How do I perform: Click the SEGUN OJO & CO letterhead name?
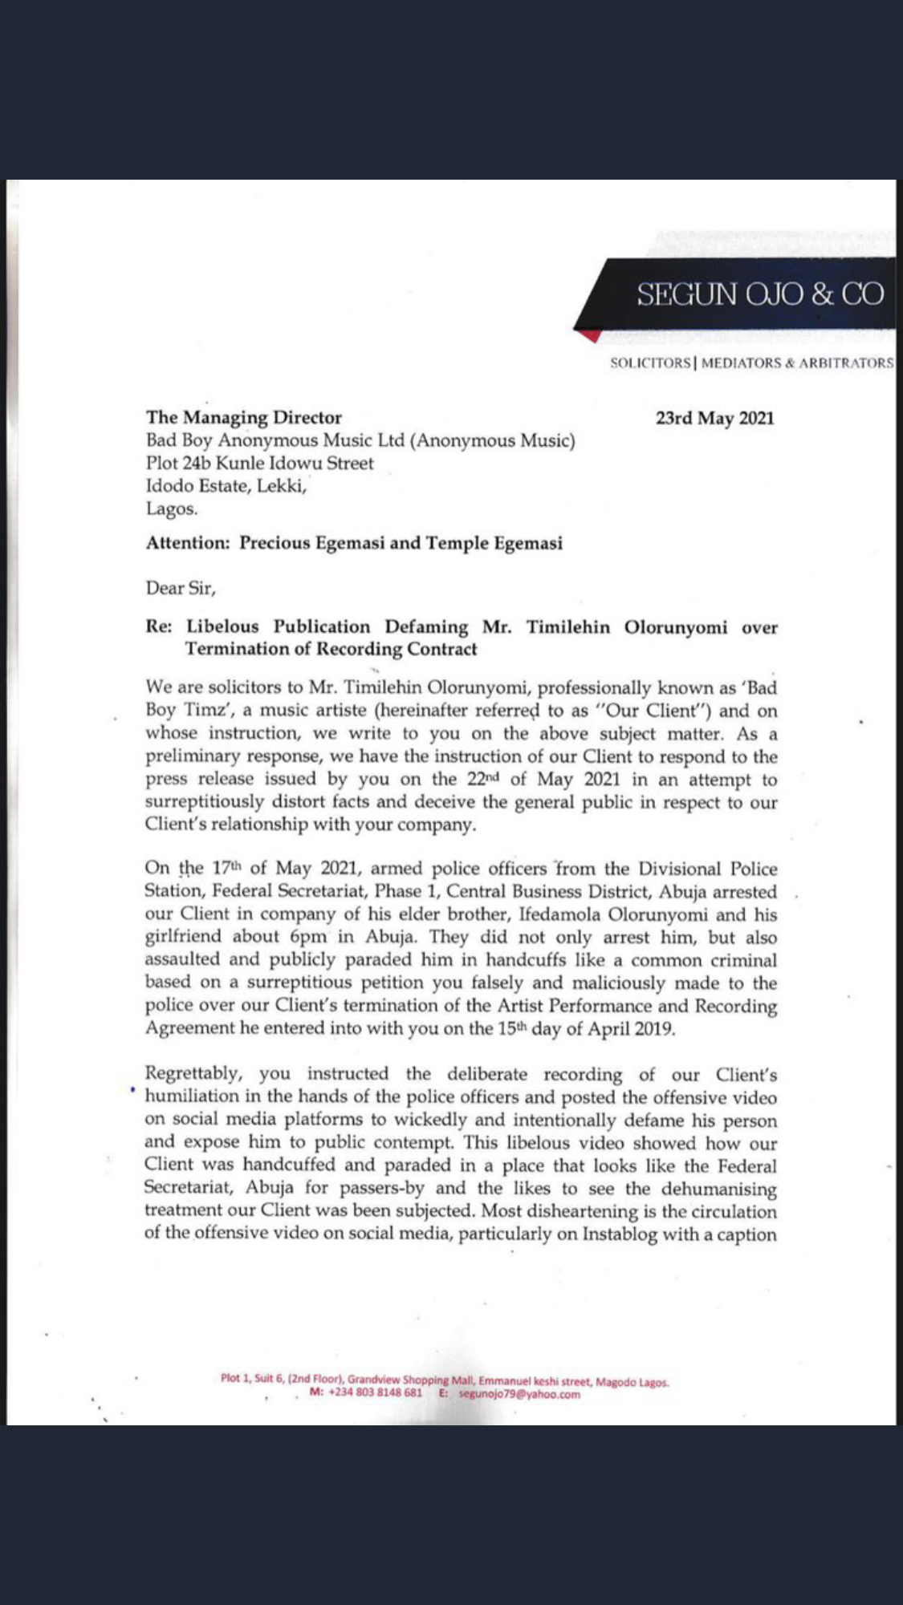(759, 294)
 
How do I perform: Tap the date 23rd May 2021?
(714, 418)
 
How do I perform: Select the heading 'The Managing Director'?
(243, 417)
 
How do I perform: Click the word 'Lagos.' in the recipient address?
(171, 508)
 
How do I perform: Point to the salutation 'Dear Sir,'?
(181, 588)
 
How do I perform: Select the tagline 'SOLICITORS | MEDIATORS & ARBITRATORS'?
(751, 363)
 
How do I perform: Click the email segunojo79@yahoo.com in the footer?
(519, 1394)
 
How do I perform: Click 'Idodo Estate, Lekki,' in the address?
(226, 485)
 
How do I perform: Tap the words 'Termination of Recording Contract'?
(331, 649)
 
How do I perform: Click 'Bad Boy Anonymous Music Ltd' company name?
(275, 440)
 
